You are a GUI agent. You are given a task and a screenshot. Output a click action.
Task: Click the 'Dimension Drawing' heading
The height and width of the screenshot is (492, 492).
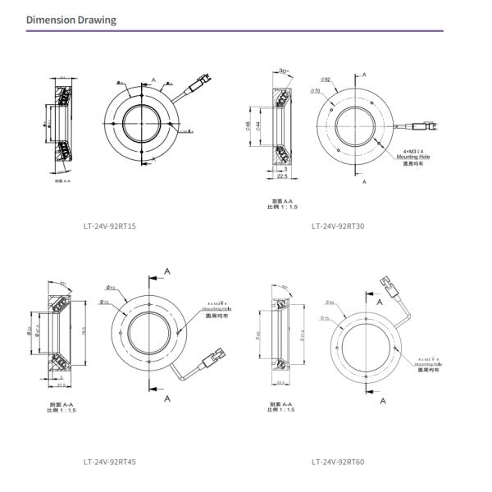pos(71,20)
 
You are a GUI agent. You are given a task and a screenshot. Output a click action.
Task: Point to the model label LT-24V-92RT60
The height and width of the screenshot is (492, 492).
pos(337,462)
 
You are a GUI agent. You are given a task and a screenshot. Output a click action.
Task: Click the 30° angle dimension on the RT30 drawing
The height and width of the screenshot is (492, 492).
pos(284,71)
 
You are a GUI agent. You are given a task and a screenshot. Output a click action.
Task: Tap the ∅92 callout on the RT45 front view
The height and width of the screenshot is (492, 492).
pos(110,288)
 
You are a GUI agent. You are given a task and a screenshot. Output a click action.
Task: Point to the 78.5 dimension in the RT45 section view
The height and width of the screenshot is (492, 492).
pos(85,332)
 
